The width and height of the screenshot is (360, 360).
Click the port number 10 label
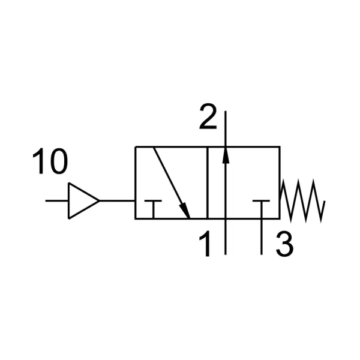pyautogui.click(x=50, y=161)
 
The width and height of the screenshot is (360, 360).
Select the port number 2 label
pyautogui.click(x=208, y=116)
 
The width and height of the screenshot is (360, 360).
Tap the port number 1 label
pyautogui.click(x=205, y=244)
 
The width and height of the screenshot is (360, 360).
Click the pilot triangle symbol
pyautogui.click(x=83, y=201)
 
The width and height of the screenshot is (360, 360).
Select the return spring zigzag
pyautogui.click(x=302, y=201)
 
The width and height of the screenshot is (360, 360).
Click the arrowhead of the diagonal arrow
pyautogui.click(x=185, y=211)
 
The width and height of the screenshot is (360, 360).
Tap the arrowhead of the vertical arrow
pyautogui.click(x=226, y=155)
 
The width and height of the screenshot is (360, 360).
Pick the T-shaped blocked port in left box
pyautogui.click(x=153, y=209)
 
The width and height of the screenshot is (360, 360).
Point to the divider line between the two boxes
pyautogui.click(x=208, y=182)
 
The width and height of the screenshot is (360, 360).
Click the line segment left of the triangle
pyautogui.click(x=57, y=201)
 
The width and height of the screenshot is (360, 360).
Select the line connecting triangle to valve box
pyautogui.click(x=117, y=201)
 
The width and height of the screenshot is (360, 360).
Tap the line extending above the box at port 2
pyautogui.click(x=226, y=128)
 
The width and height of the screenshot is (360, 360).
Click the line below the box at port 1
pyautogui.click(x=226, y=237)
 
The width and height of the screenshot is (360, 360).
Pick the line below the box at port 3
pyautogui.click(x=261, y=237)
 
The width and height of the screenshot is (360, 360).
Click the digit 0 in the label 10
pyautogui.click(x=59, y=161)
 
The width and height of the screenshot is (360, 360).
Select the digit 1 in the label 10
pyautogui.click(x=39, y=161)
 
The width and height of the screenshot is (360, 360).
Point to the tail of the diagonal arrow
pyautogui.click(x=154, y=148)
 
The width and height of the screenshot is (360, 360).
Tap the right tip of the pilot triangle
pyautogui.click(x=100, y=201)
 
